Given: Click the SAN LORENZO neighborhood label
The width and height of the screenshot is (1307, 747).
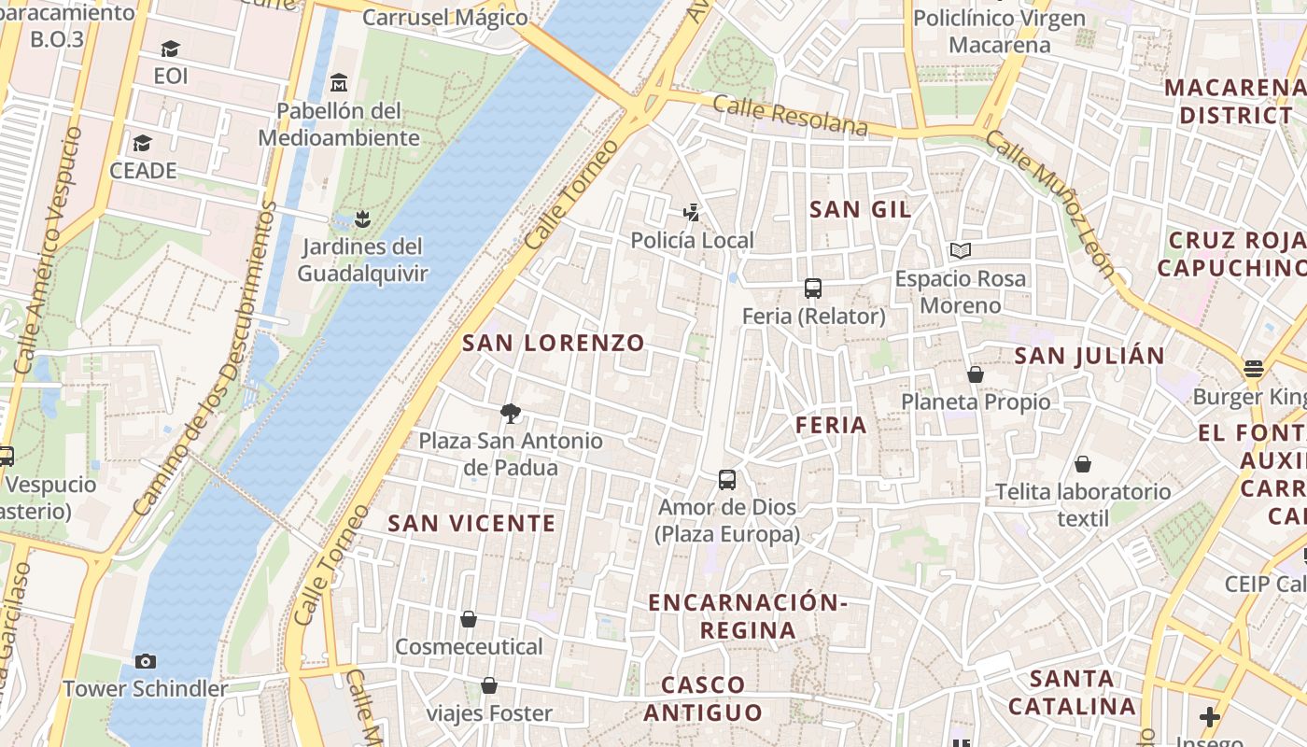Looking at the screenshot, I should (x=554, y=343).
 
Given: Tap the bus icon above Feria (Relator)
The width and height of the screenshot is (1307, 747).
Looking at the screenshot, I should (x=813, y=288).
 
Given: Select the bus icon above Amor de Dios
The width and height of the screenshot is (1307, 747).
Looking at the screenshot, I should (x=727, y=480).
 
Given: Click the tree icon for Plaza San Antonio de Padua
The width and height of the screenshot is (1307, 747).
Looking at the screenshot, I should (x=510, y=413).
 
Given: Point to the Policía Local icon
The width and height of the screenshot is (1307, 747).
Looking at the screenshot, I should (x=691, y=213).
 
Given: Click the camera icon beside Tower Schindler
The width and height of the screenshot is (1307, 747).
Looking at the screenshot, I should (x=146, y=661).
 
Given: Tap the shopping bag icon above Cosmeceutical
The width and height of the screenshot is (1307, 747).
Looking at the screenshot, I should (x=469, y=619).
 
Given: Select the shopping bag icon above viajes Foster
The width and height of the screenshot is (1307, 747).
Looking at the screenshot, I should (x=488, y=686).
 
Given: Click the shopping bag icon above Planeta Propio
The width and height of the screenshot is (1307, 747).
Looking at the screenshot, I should (x=976, y=374).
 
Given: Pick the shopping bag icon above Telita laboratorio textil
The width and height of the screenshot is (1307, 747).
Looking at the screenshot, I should (x=1083, y=464).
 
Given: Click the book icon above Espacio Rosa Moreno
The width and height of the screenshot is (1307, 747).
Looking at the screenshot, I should (x=960, y=250).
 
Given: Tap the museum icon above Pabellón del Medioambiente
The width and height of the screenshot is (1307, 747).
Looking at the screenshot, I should (x=339, y=83).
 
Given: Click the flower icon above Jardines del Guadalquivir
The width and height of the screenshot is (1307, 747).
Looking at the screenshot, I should (x=362, y=219).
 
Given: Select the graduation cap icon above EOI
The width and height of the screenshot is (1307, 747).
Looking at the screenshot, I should (x=170, y=49).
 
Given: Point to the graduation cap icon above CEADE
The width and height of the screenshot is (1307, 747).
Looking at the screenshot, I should (x=142, y=143).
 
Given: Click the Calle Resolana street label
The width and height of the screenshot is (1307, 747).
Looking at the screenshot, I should (x=790, y=115).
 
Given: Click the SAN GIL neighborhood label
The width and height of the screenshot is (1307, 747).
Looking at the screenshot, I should (x=860, y=209).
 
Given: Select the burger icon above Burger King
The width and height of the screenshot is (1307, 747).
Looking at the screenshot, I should (x=1253, y=369).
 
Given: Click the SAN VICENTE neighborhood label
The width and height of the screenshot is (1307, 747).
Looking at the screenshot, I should (x=471, y=523).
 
